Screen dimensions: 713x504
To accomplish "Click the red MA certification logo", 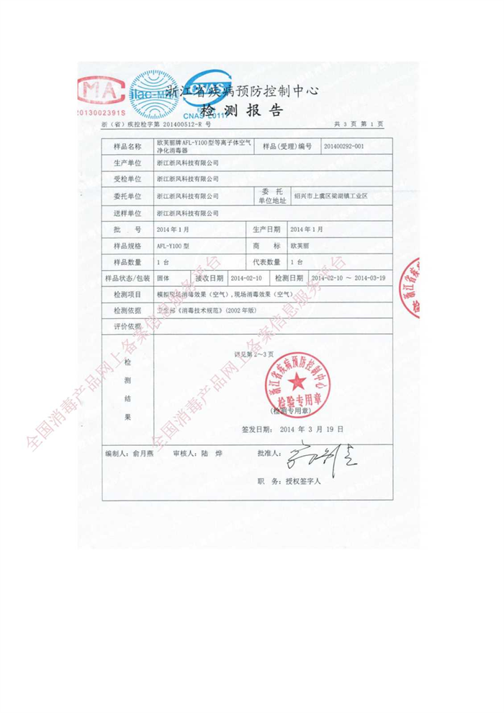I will (102, 91).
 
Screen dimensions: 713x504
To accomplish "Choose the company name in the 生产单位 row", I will (186, 163).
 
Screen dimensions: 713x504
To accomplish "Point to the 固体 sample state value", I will (163, 278).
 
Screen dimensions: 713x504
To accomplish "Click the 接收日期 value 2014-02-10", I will (245, 278).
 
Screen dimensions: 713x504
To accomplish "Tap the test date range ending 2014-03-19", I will (348, 278).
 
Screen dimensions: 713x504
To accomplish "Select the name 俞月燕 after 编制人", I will (145, 455).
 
